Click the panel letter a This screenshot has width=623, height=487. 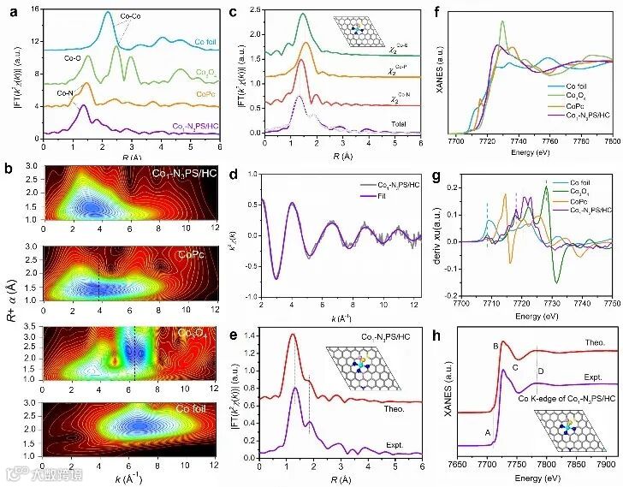click(x=9, y=9)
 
